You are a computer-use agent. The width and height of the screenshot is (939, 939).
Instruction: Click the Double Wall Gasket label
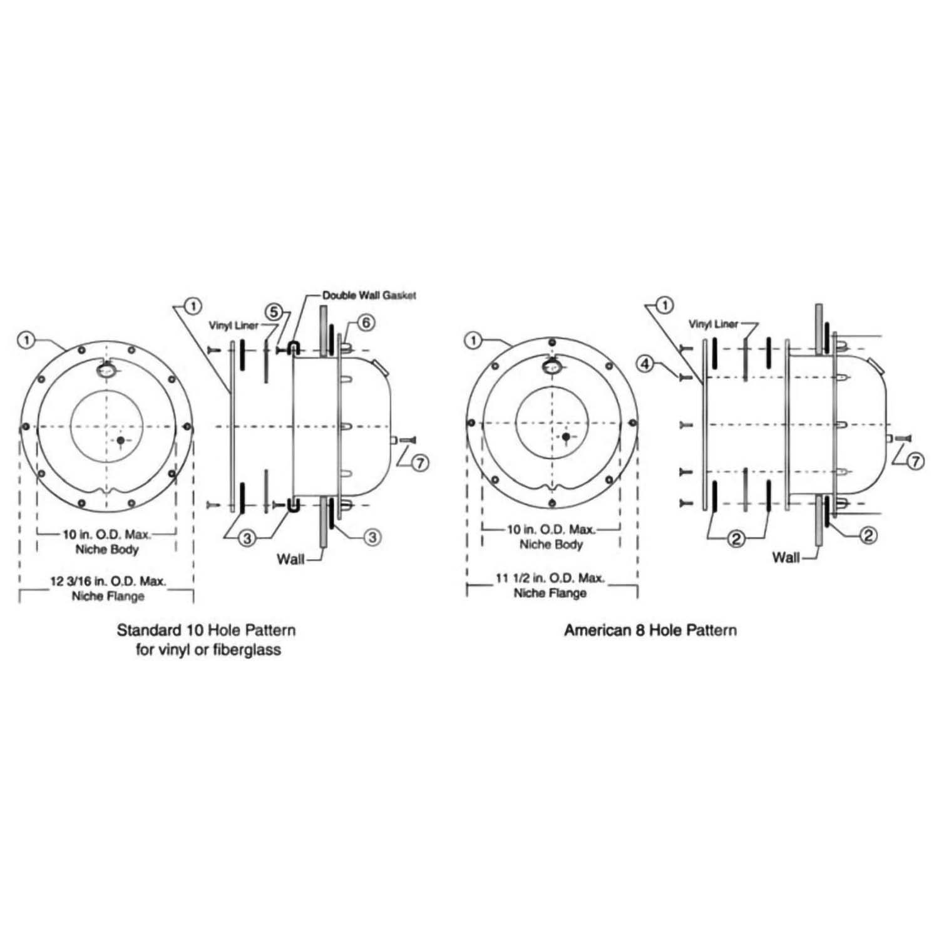(x=369, y=295)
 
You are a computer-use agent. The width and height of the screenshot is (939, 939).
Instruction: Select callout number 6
(x=367, y=322)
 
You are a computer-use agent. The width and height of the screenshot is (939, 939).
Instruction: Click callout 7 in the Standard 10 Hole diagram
(x=421, y=463)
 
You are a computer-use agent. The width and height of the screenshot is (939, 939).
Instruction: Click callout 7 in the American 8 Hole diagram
(x=915, y=461)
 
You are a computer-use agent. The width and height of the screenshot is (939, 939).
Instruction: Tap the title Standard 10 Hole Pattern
(x=206, y=630)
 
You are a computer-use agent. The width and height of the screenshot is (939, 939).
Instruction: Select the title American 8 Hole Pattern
(x=650, y=630)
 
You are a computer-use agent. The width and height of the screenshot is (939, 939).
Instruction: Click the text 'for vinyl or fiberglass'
(x=208, y=649)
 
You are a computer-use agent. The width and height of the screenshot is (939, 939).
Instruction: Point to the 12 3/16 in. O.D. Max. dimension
(x=108, y=581)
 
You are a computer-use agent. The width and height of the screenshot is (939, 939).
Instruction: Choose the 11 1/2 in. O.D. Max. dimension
(x=550, y=578)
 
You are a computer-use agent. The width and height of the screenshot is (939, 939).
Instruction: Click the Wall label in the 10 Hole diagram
(x=290, y=558)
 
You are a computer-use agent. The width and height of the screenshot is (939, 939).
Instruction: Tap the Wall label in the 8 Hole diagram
(x=786, y=557)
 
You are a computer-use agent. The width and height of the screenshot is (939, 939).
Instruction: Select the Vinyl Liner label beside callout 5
(x=234, y=326)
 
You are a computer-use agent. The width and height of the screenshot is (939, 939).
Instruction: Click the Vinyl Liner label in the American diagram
(x=713, y=324)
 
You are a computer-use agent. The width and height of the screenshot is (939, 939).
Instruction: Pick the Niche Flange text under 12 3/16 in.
(x=108, y=596)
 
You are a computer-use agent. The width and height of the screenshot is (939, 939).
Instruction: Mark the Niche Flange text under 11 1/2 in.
(x=550, y=593)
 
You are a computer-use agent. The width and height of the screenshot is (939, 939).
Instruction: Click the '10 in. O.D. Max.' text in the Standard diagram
(x=107, y=535)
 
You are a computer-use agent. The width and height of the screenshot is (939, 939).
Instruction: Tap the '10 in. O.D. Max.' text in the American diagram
(x=551, y=530)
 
